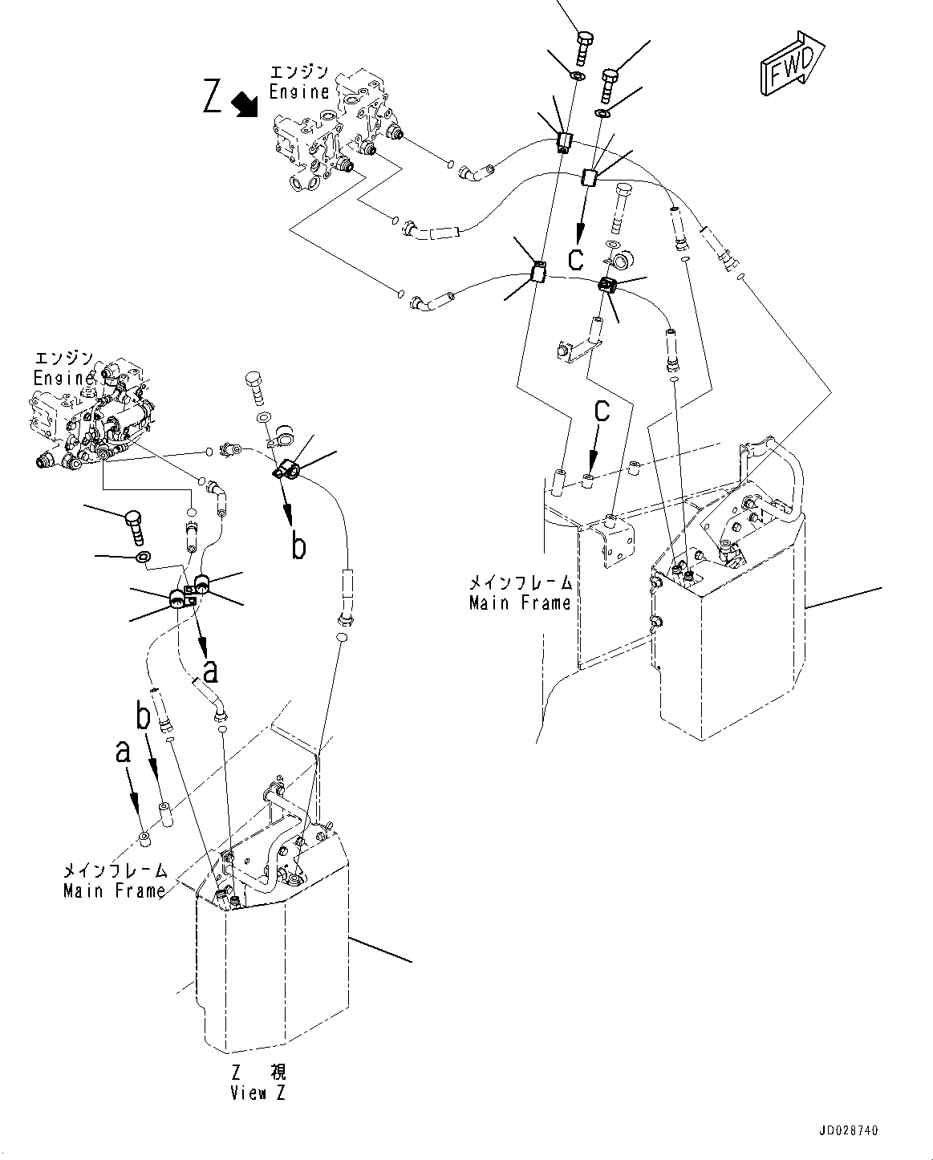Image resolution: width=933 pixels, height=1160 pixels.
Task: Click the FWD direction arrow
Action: tap(790, 65)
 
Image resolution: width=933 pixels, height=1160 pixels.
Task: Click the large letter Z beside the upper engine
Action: tap(213, 98)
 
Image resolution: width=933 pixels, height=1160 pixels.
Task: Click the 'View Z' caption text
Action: tap(258, 1093)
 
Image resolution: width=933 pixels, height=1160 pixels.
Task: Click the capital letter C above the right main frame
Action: tap(601, 411)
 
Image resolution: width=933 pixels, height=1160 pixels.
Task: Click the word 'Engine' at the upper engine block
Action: tap(299, 91)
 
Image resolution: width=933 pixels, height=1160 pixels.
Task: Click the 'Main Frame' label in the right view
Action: tap(520, 602)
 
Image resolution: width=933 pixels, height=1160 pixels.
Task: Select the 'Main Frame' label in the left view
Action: tap(115, 890)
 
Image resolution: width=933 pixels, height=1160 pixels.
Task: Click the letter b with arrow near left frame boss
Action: tap(144, 716)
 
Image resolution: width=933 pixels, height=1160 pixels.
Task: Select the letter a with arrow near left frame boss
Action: tap(122, 752)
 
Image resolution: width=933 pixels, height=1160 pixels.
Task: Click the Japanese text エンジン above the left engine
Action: tap(63, 357)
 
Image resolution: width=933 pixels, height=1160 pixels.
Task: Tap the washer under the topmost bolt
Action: tap(576, 76)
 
